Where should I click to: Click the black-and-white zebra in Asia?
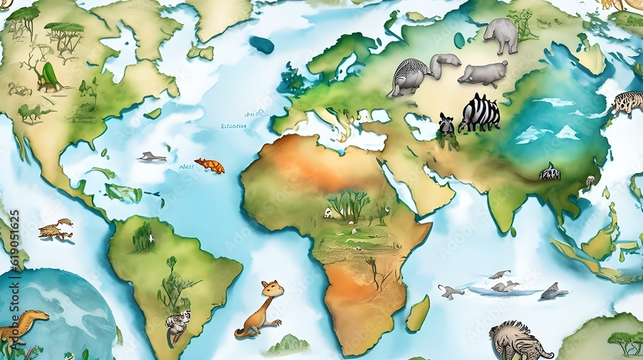pyautogui.click(x=480, y=113)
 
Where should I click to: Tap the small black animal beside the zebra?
pyautogui.click(x=446, y=125)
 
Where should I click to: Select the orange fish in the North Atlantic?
pyautogui.click(x=210, y=166)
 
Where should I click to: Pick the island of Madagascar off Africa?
pyautogui.click(x=418, y=314)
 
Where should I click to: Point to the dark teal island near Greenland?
pyautogui.click(x=262, y=45)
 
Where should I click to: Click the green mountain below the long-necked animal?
pyautogui.click(x=287, y=345)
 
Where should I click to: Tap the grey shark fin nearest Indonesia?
pyautogui.click(x=552, y=292)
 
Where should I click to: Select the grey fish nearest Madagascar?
pyautogui.click(x=450, y=292)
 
